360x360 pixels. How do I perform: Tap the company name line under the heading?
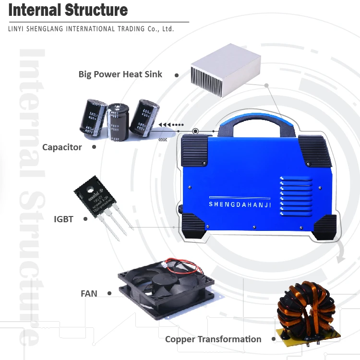tap(91, 29)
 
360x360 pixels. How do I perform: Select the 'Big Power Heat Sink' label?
tap(120, 74)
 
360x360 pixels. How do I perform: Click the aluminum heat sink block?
tap(225, 72)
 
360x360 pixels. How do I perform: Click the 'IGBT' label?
tap(64, 219)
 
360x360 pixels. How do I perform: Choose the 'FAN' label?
tap(89, 293)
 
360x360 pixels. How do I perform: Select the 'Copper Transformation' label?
tap(213, 339)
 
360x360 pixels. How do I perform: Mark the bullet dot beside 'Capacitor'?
tap(94, 147)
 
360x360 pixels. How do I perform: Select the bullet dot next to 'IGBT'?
tap(85, 219)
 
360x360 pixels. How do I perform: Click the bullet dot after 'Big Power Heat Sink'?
tap(177, 75)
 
